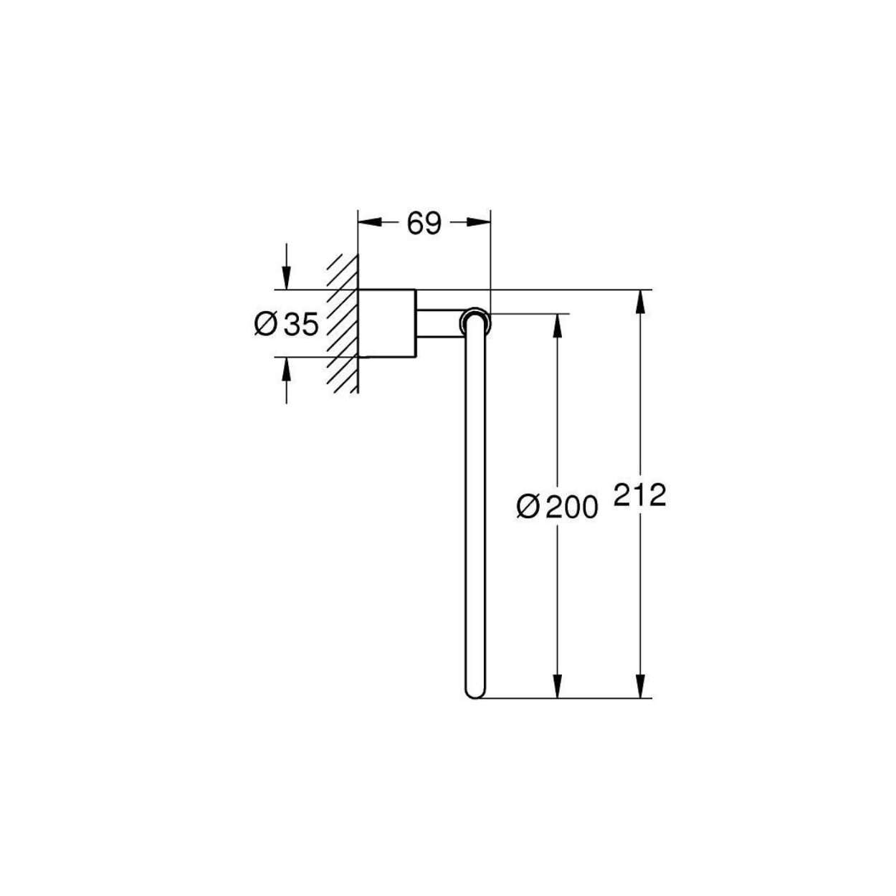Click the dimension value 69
tap(424, 224)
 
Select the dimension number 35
tap(301, 324)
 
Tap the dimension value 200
tap(571, 507)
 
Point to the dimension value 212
tap(640, 495)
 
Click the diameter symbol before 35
tap(266, 324)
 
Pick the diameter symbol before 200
tap(528, 507)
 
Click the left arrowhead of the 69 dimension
tap(370, 222)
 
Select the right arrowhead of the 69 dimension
tap(478, 222)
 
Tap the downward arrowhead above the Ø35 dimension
tap(287, 277)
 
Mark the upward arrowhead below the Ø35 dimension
tap(287, 369)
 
